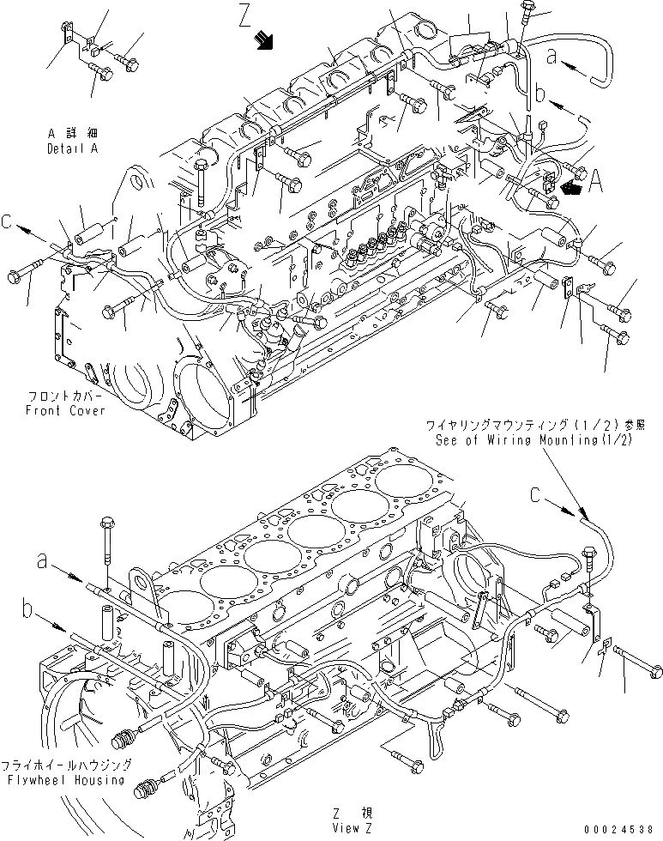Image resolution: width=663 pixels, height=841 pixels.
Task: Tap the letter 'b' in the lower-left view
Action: pyautogui.click(x=27, y=608)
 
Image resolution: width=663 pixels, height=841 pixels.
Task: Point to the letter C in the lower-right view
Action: pyautogui.click(x=536, y=494)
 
